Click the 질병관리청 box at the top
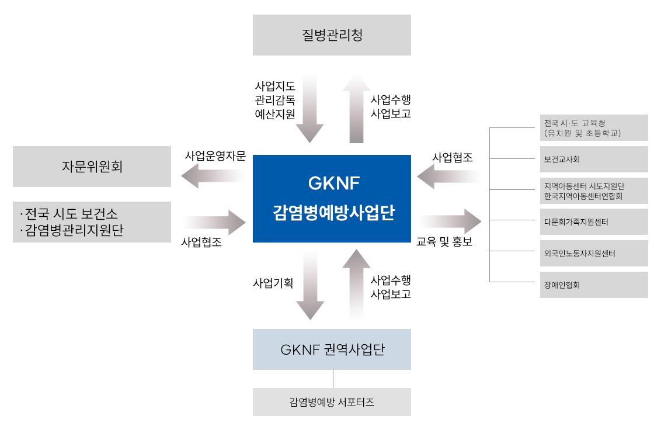(332, 35)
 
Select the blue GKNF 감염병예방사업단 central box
(332, 198)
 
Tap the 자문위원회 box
(92, 167)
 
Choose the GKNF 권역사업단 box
(332, 349)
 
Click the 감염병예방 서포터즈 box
(332, 402)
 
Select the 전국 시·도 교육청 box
(593, 128)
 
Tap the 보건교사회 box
(593, 159)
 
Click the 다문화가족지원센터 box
(593, 222)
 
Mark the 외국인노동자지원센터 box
(593, 254)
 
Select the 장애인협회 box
(593, 285)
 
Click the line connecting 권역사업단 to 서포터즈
(333, 379)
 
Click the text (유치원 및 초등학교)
(582, 133)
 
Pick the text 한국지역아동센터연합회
(583, 196)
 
